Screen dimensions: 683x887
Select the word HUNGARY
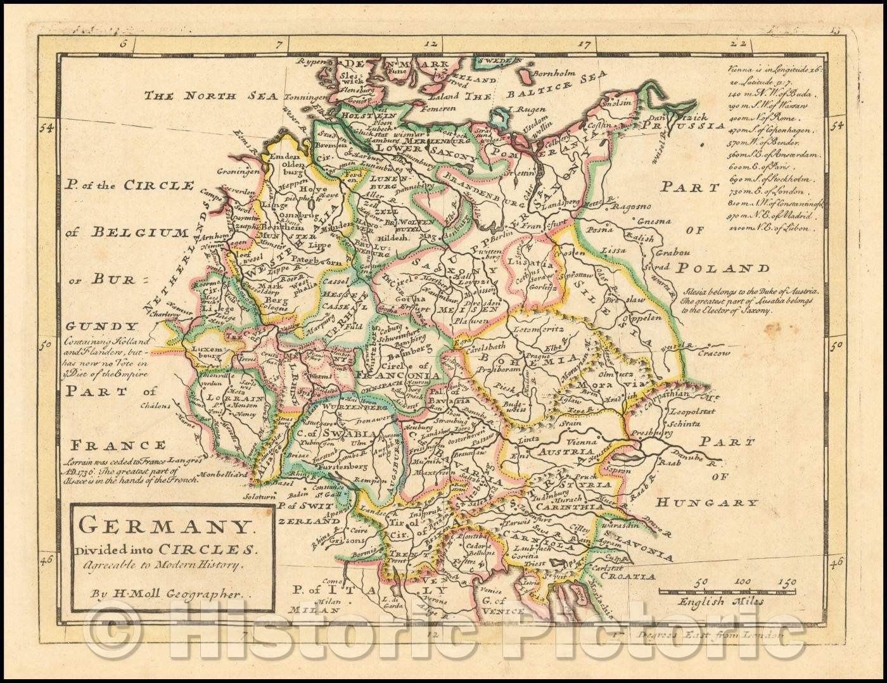[x=706, y=503]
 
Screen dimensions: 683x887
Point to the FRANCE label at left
[x=118, y=445]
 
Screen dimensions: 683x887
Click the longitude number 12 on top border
[x=431, y=44]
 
